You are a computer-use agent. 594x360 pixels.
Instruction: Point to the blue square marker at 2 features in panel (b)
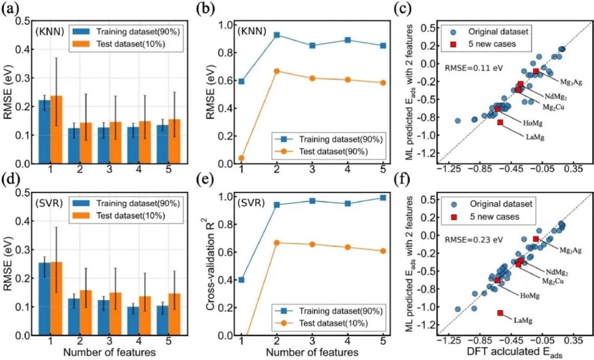tap(277, 35)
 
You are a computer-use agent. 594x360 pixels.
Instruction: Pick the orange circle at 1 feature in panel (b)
tap(241, 158)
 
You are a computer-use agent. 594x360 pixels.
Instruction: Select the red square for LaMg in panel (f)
tap(500, 313)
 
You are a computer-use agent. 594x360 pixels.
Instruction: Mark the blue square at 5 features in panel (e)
tap(382, 198)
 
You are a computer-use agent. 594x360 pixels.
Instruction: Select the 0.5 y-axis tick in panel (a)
tap(24, 21)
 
